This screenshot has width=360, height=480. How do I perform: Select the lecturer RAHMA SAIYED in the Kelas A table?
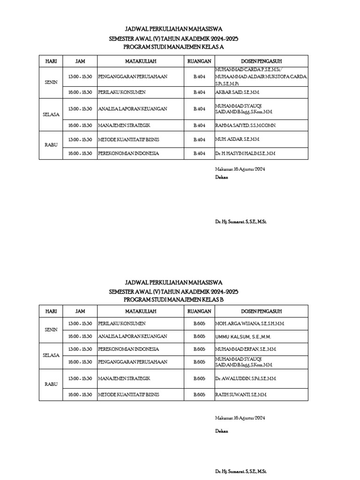click(246, 126)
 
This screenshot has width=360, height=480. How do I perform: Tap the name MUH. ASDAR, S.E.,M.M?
click(237, 140)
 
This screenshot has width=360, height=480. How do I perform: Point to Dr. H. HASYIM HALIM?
click(245, 153)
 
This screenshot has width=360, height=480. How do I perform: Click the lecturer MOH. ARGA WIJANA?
click(249, 323)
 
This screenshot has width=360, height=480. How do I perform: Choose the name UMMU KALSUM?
click(243, 337)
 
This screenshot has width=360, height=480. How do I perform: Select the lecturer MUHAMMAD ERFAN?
click(245, 349)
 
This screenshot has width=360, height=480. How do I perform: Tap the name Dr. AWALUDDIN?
click(246, 378)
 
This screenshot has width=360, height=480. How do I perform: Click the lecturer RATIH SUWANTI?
click(241, 395)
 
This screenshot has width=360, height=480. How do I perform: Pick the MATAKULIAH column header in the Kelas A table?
click(141, 61)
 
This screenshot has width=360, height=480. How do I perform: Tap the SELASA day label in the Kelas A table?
click(51, 114)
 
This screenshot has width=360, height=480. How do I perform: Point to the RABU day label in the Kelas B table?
click(51, 384)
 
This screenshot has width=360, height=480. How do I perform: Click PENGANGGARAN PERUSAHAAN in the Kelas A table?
click(133, 76)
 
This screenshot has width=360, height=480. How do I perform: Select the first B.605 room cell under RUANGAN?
click(199, 323)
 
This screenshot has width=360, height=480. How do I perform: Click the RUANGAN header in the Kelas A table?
click(199, 61)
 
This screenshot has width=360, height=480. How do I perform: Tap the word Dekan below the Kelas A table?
click(222, 178)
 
